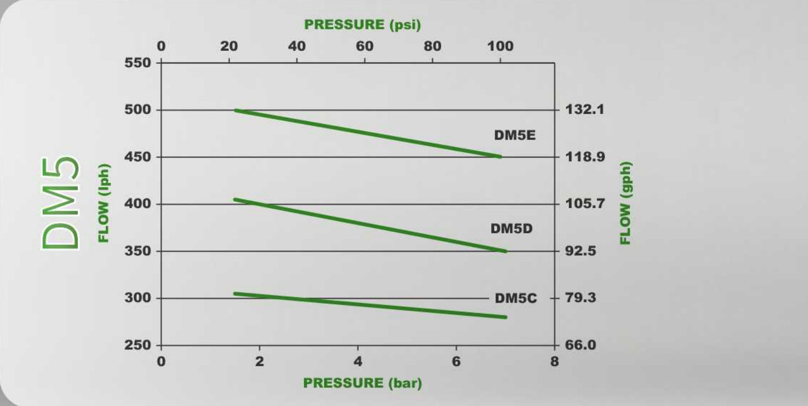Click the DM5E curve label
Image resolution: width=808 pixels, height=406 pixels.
[514, 136]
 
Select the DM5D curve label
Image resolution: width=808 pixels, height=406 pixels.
[511, 229]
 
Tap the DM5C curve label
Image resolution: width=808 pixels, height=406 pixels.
[515, 298]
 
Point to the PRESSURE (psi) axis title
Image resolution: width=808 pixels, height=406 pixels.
[362, 25]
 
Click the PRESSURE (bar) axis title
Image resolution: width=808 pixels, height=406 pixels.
[362, 383]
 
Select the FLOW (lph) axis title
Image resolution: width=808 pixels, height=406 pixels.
[103, 203]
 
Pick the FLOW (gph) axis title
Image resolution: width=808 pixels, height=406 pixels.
[625, 203]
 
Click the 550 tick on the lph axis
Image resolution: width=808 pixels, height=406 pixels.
[137, 63]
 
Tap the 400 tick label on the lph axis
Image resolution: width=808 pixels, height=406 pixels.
[137, 204]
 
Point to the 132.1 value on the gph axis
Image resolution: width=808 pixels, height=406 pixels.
[585, 110]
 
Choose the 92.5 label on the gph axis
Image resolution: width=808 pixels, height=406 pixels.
[581, 251]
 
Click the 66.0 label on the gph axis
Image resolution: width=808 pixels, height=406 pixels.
[581, 345]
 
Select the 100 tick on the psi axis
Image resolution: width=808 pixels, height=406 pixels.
[500, 46]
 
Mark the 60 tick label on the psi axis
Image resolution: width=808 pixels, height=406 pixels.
[364, 46]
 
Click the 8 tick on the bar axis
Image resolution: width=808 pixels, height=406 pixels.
[554, 361]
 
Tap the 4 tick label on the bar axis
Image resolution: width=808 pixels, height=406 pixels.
[358, 361]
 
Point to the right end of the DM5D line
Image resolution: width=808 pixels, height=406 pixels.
[505, 251]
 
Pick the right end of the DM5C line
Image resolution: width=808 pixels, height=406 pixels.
[505, 317]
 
